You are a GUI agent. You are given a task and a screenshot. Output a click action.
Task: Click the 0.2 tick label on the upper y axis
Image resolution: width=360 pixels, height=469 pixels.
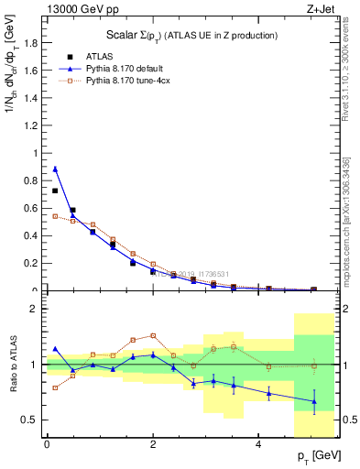[30, 263]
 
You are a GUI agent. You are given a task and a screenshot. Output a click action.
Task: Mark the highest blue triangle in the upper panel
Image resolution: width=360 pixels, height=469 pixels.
[55, 169]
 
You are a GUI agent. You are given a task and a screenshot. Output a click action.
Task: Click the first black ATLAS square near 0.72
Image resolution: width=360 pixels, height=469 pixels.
[55, 191]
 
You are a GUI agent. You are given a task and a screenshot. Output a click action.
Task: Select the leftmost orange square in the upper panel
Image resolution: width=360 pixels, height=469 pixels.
[55, 216]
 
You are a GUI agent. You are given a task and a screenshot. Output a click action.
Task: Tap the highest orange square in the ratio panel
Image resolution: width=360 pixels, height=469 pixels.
[153, 335]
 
